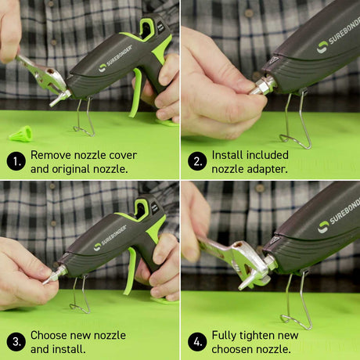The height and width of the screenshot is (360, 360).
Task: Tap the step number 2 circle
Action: (x=198, y=161)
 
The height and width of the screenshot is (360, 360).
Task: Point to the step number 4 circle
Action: (x=198, y=341)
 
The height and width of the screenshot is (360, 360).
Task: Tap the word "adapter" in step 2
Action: (x=265, y=168)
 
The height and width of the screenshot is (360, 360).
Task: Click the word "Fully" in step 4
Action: (x=228, y=335)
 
